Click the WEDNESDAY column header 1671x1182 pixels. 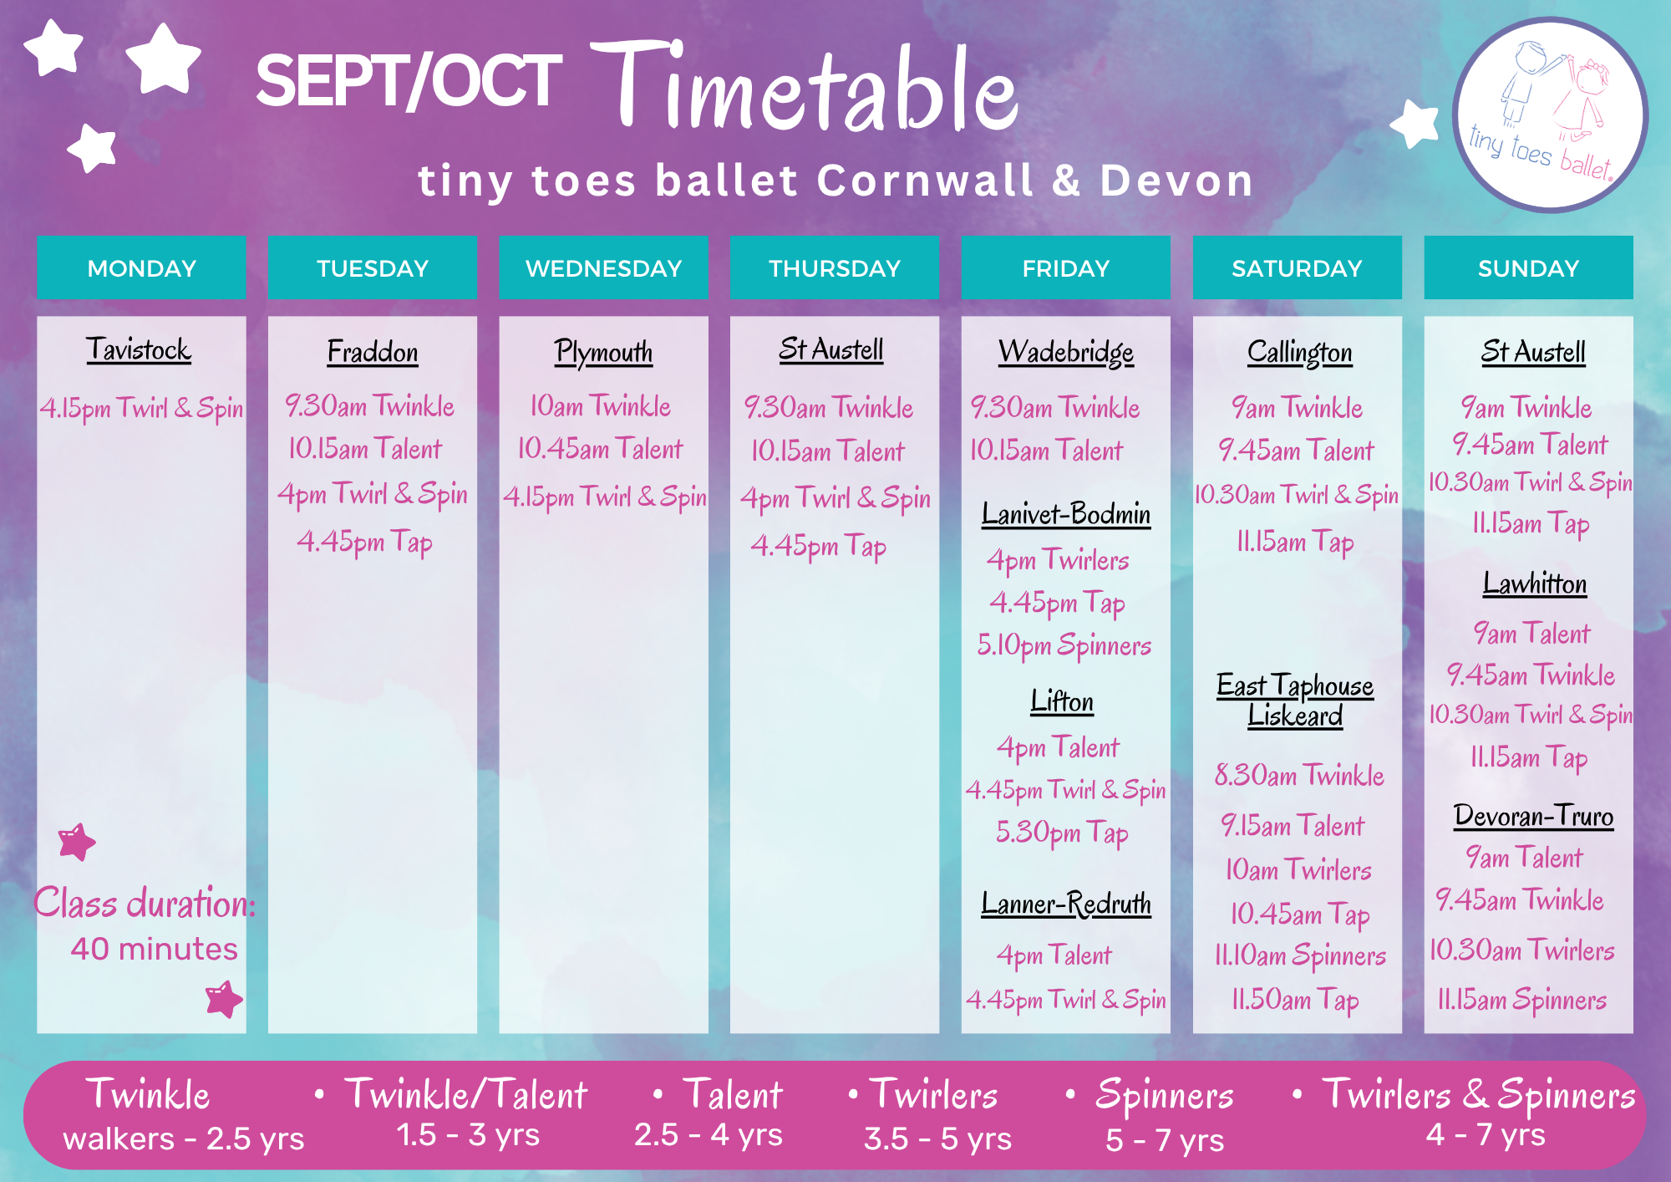tap(603, 267)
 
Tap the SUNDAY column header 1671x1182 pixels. tap(1528, 267)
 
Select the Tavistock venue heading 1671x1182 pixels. tap(139, 349)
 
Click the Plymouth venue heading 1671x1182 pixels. tap(603, 352)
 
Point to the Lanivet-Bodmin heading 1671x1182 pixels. tap(1066, 513)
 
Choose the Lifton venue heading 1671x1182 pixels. tap(1062, 701)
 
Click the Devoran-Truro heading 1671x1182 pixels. tap(1533, 815)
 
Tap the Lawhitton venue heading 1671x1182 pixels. tap(1535, 583)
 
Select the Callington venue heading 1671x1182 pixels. tap(1299, 352)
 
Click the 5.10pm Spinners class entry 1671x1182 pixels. tap(1064, 645)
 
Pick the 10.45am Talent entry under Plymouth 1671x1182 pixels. tap(600, 449)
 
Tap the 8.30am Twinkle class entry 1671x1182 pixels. tap(1299, 775)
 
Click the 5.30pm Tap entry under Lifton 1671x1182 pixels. tap(1062, 833)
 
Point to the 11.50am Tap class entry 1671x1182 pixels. tap(1295, 1000)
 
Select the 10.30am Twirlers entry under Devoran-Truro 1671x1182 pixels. tap(1521, 950)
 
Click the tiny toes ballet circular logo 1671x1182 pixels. tap(1551, 115)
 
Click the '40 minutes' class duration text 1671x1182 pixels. tap(154, 949)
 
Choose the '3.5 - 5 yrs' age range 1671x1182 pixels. tap(937, 1139)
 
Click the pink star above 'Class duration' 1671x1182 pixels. tap(77, 842)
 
